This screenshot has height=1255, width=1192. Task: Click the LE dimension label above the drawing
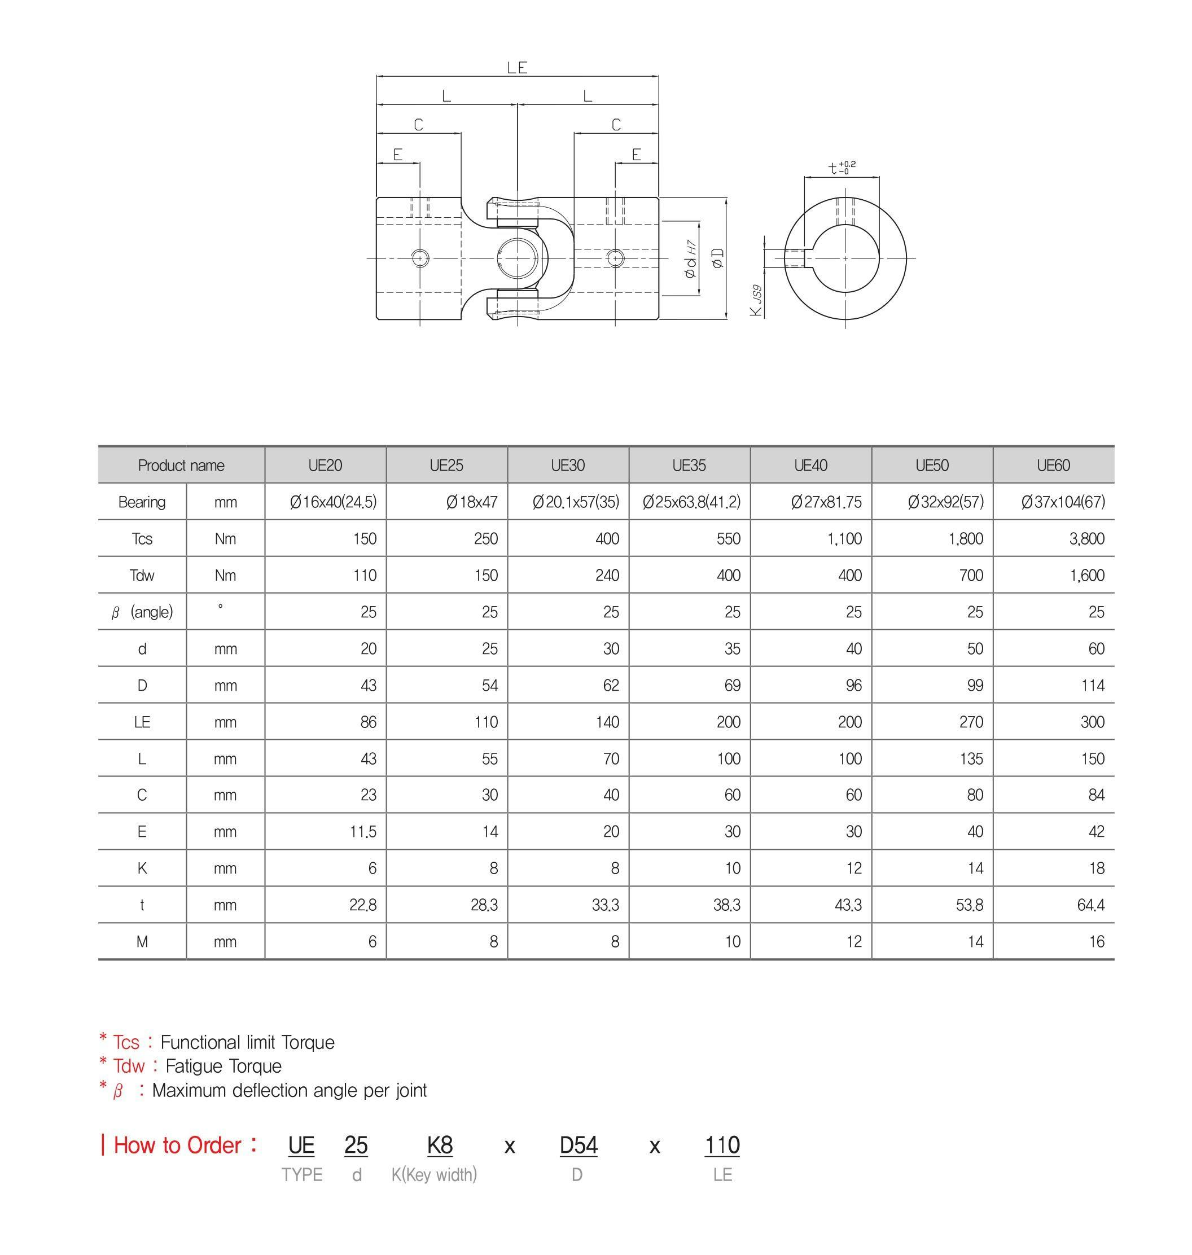coord(517,68)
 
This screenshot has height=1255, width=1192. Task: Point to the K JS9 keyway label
coord(756,300)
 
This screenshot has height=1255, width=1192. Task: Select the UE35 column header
coord(689,466)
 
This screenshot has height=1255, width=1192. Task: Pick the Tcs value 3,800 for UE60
coord(1086,538)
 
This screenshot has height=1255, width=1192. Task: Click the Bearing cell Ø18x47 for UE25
coord(471,502)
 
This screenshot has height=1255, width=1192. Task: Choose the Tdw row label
coord(142,576)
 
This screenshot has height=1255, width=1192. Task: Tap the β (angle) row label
coord(142,612)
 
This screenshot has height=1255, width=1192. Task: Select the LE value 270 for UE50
coord(971,722)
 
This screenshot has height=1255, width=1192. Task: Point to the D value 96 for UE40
coord(853,685)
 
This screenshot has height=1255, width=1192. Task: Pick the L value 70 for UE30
coord(611,759)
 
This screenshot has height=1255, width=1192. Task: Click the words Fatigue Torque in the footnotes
coord(223,1067)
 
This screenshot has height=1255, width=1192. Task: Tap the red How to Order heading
coord(178,1145)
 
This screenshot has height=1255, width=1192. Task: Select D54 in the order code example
coord(578,1145)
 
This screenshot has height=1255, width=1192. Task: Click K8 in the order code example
coord(440,1145)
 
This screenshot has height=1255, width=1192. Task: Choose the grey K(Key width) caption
coord(434,1175)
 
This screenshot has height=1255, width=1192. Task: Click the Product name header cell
coord(181,466)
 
